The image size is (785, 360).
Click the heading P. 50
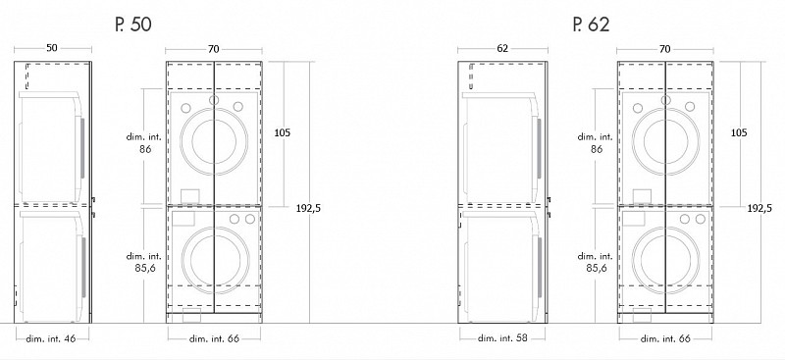(132, 25)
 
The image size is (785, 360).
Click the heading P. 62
(592, 25)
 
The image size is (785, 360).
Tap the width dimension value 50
(52, 48)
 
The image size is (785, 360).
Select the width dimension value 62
(502, 49)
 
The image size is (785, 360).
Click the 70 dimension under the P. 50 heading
(214, 49)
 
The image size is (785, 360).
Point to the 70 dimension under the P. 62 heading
(665, 49)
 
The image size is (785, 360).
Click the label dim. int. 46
(51, 338)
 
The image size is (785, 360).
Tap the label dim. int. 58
(502, 338)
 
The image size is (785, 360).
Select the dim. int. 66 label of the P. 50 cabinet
(214, 338)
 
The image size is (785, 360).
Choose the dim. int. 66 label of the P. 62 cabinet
(665, 338)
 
